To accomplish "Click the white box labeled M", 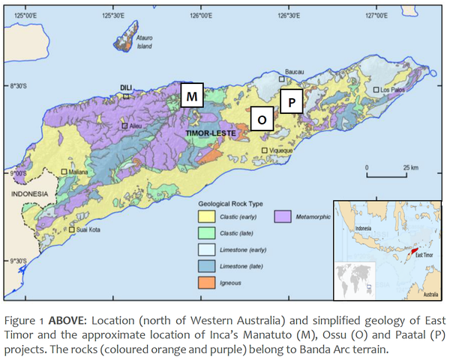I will [x=192, y=96].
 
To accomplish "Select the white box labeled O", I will [x=261, y=119].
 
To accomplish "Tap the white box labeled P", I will [x=290, y=100].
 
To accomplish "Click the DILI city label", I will [x=126, y=88].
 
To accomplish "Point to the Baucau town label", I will [x=294, y=71].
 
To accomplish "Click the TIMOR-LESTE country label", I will [x=211, y=133].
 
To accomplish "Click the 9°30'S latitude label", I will [x=13, y=261].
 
